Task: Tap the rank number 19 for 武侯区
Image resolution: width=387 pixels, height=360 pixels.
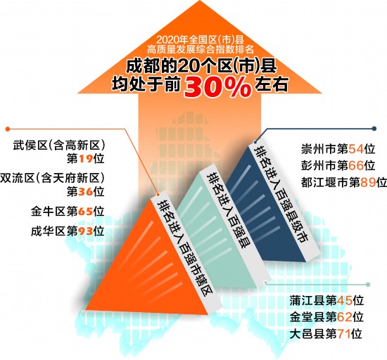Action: pyautogui.click(x=86, y=159)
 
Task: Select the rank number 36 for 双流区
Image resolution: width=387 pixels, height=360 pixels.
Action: pyautogui.click(x=86, y=191)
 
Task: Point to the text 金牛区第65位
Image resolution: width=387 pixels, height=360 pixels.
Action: pyautogui.click(x=68, y=212)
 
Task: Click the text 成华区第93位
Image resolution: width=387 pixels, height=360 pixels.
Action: pyautogui.click(x=68, y=231)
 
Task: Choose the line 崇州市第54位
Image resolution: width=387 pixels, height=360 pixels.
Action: pyautogui.click(x=338, y=149)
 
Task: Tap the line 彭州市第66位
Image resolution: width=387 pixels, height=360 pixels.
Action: pyautogui.click(x=338, y=165)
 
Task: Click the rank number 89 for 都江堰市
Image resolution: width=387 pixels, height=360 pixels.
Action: pyautogui.click(x=368, y=183)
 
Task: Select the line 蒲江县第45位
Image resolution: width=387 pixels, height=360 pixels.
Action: pyautogui.click(x=326, y=300)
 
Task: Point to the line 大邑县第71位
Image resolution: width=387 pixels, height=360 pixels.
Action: pyautogui.click(x=326, y=333)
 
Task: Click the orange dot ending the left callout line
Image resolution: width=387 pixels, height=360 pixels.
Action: pyautogui.click(x=8, y=129)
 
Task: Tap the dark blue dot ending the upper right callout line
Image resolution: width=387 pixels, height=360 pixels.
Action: pyautogui.click(x=374, y=129)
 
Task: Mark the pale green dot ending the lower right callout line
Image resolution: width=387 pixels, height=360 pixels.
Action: pyautogui.click(x=368, y=285)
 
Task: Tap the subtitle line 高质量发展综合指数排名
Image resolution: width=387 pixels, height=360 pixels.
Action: pyautogui.click(x=201, y=49)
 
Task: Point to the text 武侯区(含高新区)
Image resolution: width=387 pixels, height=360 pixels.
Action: pyautogui.click(x=59, y=146)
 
